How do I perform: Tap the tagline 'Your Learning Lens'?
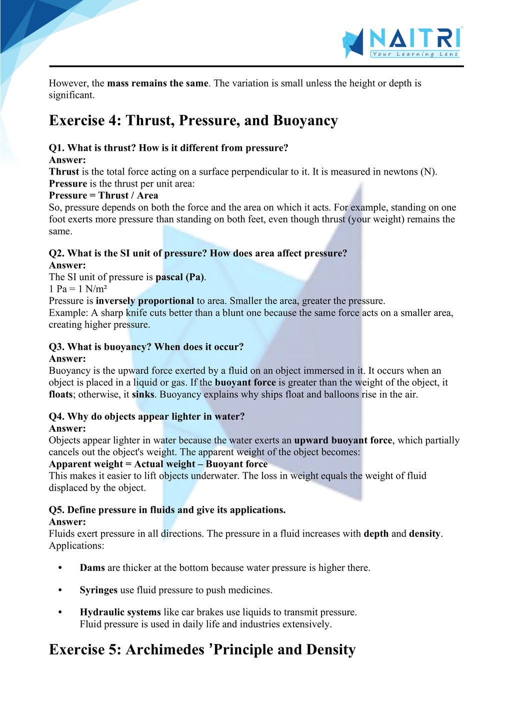coord(415,54)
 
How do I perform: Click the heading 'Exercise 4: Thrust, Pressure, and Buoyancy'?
coord(193,121)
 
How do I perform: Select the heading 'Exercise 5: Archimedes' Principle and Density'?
coord(202,649)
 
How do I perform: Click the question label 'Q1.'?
coord(56,148)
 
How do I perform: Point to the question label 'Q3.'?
coord(56,347)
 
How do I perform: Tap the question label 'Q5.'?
coord(56,510)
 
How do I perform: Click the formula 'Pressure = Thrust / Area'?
coord(103,195)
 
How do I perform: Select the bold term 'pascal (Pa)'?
coord(180,277)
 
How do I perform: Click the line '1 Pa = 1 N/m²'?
coord(78,289)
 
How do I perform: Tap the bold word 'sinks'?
coord(143,394)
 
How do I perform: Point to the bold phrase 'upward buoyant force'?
coord(343,440)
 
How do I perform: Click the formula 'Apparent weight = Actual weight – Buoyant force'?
coord(158,464)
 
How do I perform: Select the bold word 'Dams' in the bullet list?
coord(92,568)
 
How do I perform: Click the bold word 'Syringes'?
coord(98,590)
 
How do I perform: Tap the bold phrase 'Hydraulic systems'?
coord(120,612)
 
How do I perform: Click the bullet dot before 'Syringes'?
coord(60,590)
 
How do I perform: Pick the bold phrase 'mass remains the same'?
coord(157,83)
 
